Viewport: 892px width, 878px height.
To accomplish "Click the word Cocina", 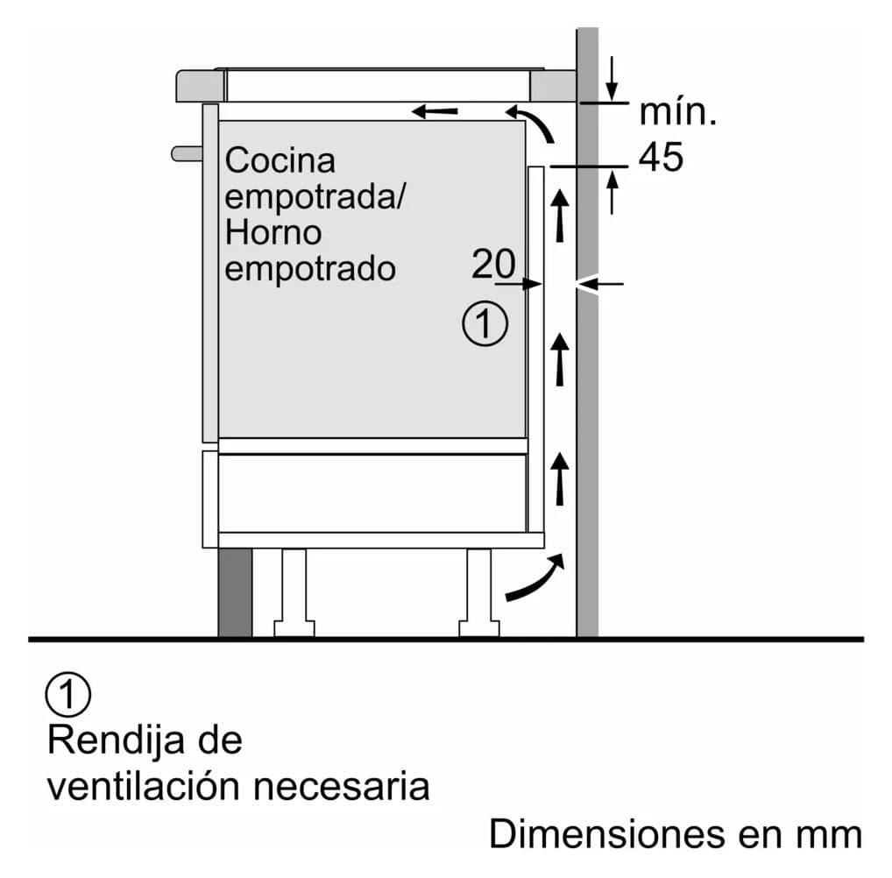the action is tap(280, 160).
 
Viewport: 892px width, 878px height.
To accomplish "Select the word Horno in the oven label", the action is tap(273, 233).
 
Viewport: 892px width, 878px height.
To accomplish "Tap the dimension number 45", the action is tap(661, 157).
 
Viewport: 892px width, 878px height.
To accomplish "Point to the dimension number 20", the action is tap(493, 264).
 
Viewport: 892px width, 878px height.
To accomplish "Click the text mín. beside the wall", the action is tap(677, 112).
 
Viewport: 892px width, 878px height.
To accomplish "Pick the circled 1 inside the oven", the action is tap(485, 323).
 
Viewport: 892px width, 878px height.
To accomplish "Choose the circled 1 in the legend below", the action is tap(67, 694).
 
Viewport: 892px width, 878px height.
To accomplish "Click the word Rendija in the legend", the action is tap(116, 740).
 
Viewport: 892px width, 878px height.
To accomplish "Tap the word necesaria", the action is tap(342, 787).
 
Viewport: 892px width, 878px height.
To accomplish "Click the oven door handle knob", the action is tap(187, 153).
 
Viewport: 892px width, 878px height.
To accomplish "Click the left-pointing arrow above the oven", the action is tap(435, 111).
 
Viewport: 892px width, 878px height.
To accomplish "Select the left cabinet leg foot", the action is tap(294, 628).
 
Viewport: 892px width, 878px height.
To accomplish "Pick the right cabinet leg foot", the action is tap(479, 628).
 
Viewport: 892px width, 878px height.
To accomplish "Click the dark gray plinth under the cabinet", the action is tap(235, 592).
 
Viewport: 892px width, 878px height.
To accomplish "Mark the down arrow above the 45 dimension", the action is tap(612, 79).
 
